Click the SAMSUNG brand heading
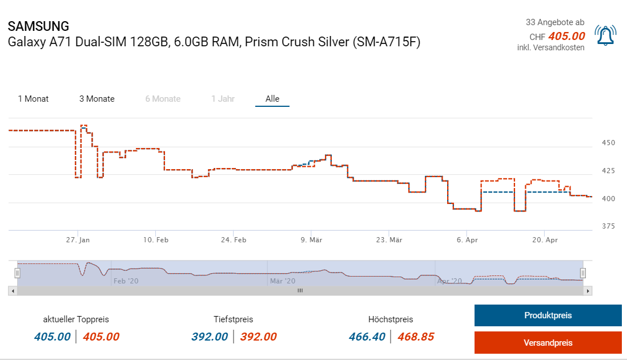point(38,26)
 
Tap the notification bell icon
point(605,35)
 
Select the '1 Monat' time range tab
point(33,99)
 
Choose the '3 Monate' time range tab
point(97,99)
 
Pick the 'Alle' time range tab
point(272,99)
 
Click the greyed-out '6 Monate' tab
point(163,99)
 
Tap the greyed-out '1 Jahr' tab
point(223,99)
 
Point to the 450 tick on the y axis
point(608,142)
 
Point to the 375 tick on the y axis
point(608,226)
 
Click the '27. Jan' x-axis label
point(78,241)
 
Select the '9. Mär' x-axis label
point(311,241)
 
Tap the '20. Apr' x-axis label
point(545,241)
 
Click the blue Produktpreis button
point(548,315)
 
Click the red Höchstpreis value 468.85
point(416,337)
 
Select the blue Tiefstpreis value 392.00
point(210,337)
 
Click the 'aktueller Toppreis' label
point(76,319)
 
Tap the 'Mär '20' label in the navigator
point(283,281)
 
